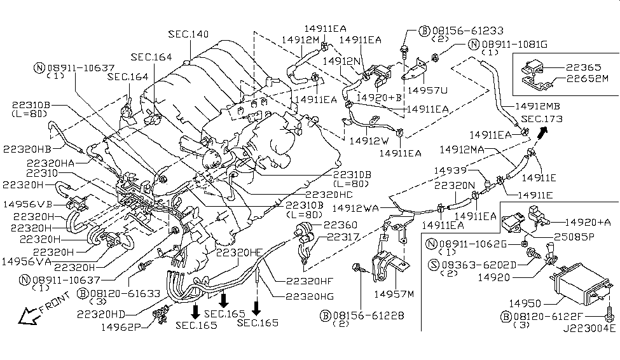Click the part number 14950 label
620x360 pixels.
[x=525, y=303]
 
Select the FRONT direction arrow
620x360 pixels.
[x=28, y=315]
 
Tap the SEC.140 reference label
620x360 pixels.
[x=188, y=34]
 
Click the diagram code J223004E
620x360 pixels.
[x=589, y=328]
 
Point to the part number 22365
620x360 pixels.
[x=583, y=67]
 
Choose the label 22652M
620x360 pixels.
[x=587, y=79]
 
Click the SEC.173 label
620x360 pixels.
[x=542, y=119]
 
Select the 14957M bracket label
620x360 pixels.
[x=394, y=294]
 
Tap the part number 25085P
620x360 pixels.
[x=574, y=237]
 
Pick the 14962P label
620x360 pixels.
[x=121, y=327]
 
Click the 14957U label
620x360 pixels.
[x=427, y=90]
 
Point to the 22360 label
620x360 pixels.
[x=340, y=225]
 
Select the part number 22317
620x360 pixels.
[x=343, y=237]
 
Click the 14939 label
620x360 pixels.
[x=450, y=170]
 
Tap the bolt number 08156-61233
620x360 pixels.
[x=468, y=31]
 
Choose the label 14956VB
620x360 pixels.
[x=28, y=204]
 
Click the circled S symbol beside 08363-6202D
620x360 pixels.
[x=434, y=265]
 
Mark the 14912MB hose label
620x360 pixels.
[x=537, y=106]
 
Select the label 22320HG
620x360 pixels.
[x=310, y=296]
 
